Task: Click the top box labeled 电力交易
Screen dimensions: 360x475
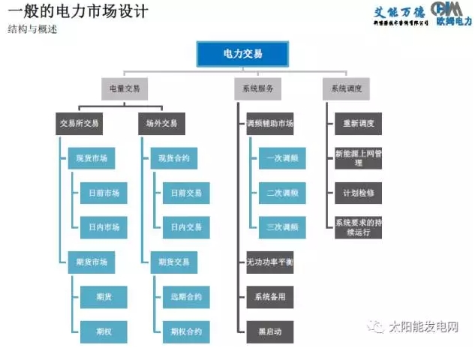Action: [243, 55]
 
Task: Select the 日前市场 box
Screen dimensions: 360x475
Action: [103, 193]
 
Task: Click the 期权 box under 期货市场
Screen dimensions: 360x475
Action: [103, 331]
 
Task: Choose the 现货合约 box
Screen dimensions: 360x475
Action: [173, 158]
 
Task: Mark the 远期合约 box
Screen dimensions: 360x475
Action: [185, 296]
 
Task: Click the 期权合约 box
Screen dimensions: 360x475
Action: [185, 331]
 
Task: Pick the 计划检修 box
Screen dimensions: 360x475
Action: [358, 193]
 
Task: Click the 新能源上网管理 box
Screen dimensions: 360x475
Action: [358, 157]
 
